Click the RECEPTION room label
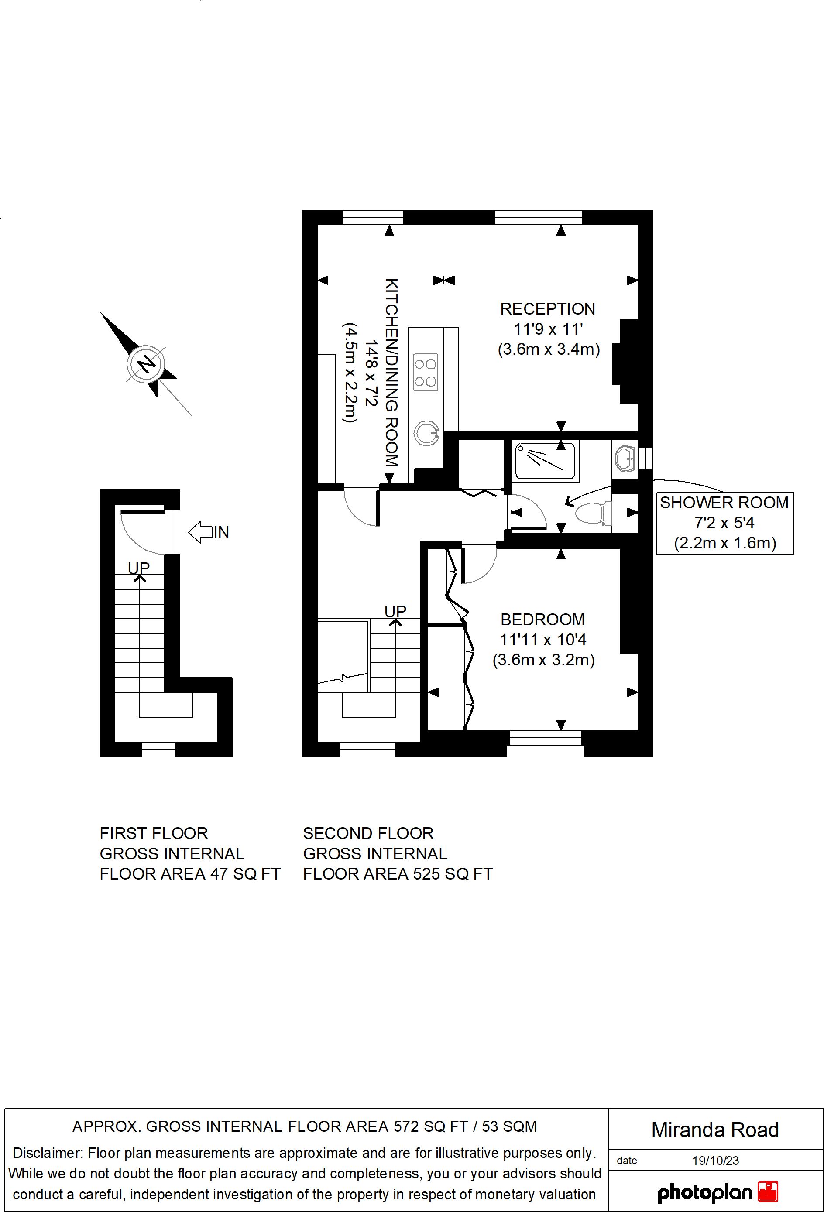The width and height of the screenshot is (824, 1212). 547,309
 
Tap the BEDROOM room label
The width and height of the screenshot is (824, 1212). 543,619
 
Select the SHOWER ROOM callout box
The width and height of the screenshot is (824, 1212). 724,523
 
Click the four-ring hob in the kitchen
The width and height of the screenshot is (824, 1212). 425,372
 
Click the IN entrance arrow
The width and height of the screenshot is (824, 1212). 209,532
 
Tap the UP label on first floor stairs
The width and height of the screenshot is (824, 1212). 139,568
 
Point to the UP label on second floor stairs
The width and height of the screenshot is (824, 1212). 395,611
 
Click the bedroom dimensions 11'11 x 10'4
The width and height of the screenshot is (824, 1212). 543,640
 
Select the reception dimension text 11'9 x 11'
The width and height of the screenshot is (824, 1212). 548,329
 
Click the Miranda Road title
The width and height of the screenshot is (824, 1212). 715,1130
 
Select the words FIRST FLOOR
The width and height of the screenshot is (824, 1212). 154,833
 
